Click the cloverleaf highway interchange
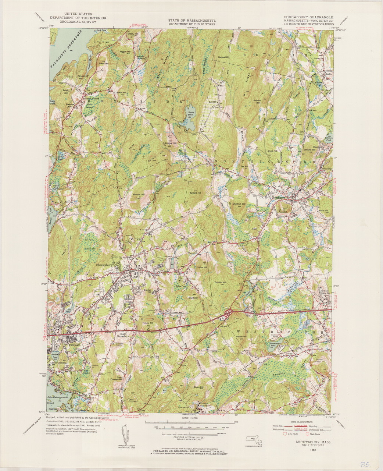point(229,314)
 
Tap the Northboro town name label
point(278,197)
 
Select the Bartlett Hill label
point(195,192)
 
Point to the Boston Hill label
point(241,336)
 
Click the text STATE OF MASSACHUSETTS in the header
point(192,21)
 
